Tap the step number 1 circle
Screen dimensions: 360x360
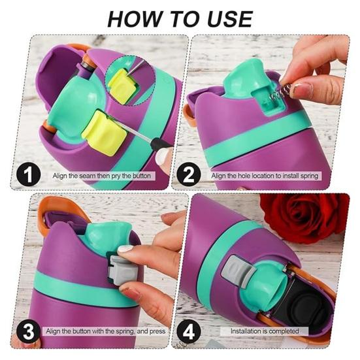coord(26,175)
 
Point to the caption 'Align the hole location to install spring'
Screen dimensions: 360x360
coord(268,176)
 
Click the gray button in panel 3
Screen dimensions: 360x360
coord(122,268)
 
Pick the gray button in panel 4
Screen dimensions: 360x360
coord(235,271)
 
